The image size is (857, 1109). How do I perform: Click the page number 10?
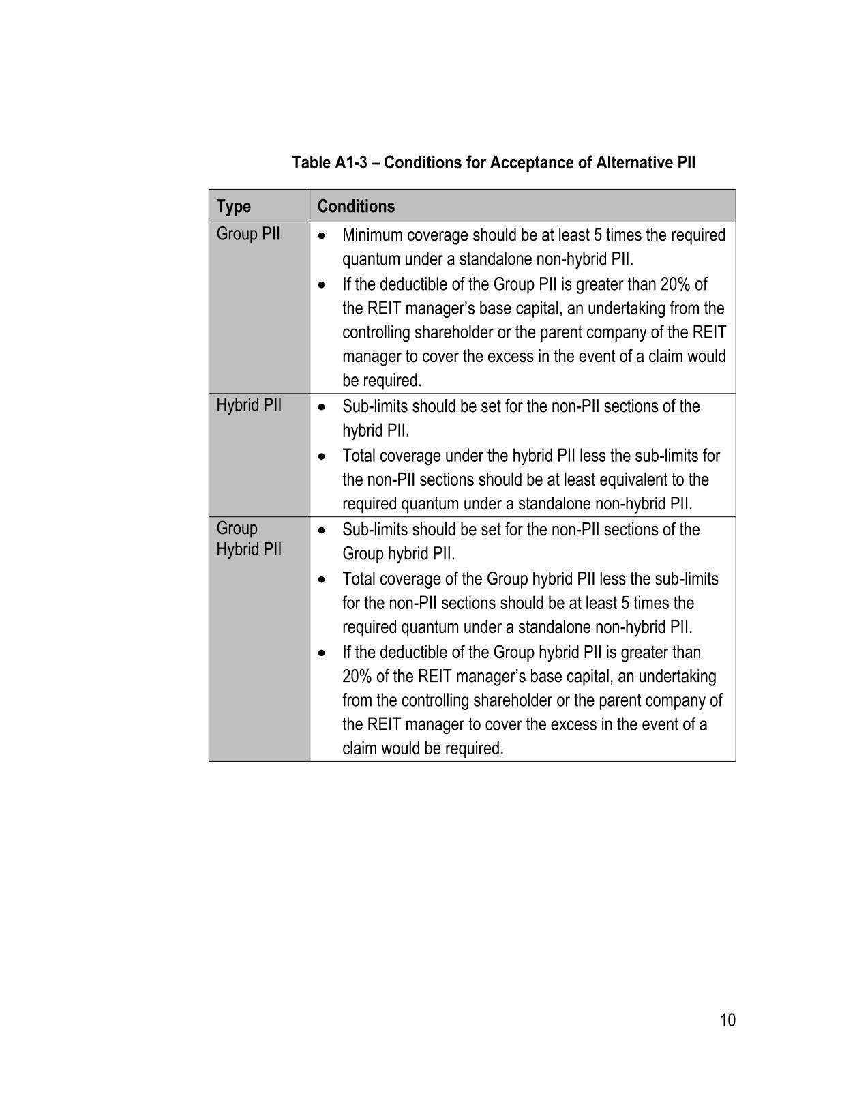(x=727, y=1020)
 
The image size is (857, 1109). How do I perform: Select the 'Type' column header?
(x=233, y=206)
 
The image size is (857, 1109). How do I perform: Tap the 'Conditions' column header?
(x=356, y=206)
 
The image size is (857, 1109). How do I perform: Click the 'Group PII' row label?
(x=248, y=234)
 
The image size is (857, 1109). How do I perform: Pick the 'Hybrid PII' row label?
(x=249, y=405)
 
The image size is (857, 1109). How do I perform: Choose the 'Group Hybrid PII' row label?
(x=249, y=539)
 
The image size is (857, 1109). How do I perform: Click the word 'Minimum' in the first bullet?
(x=372, y=235)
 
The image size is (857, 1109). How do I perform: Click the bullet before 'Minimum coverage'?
(x=322, y=236)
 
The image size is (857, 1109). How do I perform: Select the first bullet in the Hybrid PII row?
(x=322, y=407)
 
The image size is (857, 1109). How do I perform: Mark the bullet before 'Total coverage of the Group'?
(x=322, y=580)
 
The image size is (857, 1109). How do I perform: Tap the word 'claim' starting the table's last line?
(x=359, y=748)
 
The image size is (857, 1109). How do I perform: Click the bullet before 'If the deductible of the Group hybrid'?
(x=322, y=653)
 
